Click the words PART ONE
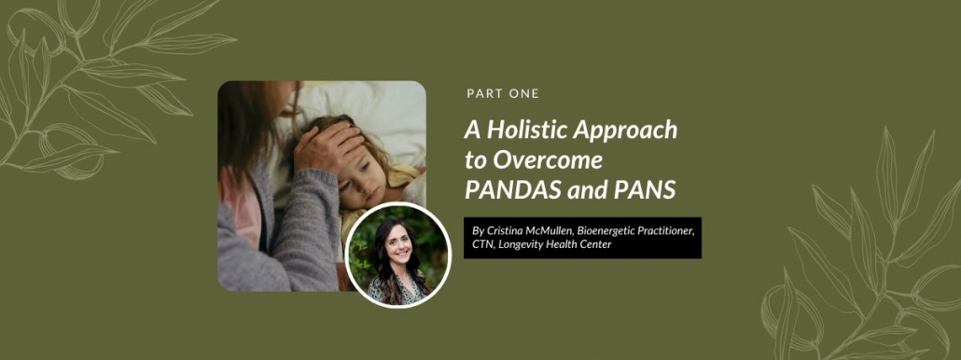click(x=503, y=93)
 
